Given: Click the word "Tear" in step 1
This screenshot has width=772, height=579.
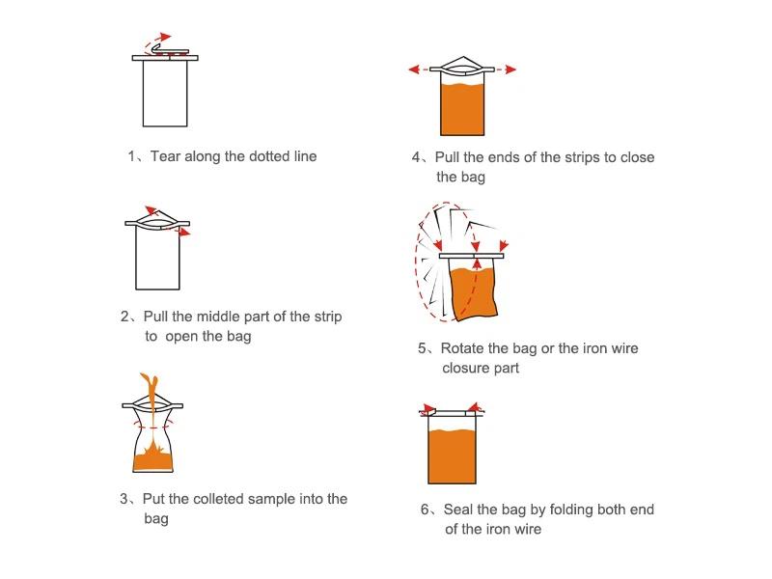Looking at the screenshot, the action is [165, 156].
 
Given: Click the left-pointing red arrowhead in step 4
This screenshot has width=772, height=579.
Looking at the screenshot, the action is [414, 69].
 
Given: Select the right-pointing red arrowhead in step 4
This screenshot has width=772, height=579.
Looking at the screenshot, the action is [510, 69].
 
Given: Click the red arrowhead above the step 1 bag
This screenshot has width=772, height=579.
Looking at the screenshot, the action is [165, 37].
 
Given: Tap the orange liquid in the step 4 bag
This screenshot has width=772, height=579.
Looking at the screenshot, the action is [462, 109].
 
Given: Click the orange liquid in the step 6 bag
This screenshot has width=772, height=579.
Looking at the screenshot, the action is [452, 455].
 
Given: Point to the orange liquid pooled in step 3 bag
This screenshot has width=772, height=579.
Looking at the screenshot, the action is [153, 461].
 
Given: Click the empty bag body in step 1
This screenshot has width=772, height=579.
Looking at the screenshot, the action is [165, 93].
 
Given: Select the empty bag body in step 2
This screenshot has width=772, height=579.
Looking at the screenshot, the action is [157, 258].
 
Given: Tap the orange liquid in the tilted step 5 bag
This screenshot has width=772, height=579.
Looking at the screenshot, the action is [474, 292].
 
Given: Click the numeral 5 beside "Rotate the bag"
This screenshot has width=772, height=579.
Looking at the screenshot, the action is [422, 348].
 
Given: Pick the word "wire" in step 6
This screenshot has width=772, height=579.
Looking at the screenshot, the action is [528, 529].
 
